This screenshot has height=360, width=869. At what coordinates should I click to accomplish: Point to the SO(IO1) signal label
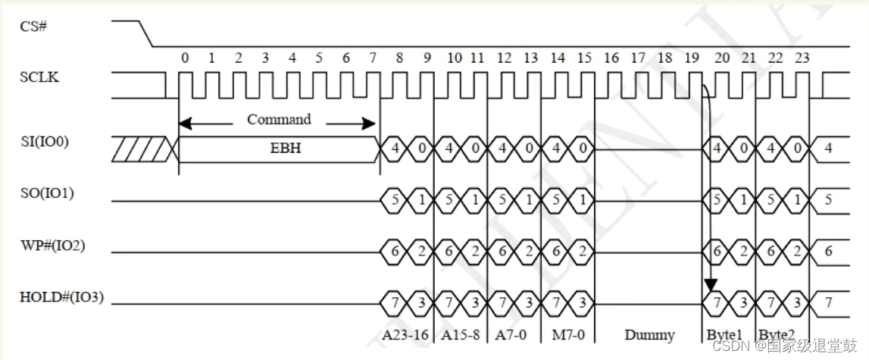[x=46, y=193]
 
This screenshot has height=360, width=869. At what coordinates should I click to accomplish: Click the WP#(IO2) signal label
[x=52, y=246]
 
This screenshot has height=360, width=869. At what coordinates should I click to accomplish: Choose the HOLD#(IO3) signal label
[x=61, y=298]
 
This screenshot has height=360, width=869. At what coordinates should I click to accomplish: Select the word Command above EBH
[x=279, y=120]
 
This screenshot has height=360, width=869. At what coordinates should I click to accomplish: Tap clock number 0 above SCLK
[x=185, y=58]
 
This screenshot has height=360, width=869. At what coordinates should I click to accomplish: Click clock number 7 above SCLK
[x=373, y=58]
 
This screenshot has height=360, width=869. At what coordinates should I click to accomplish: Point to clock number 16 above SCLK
[x=611, y=58]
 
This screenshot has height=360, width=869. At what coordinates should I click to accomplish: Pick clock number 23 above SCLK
[x=802, y=58]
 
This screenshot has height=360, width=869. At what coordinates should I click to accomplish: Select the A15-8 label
[x=460, y=334]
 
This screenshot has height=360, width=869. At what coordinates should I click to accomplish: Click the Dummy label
[x=649, y=334]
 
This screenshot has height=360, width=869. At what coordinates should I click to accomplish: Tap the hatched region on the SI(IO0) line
[x=143, y=149]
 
